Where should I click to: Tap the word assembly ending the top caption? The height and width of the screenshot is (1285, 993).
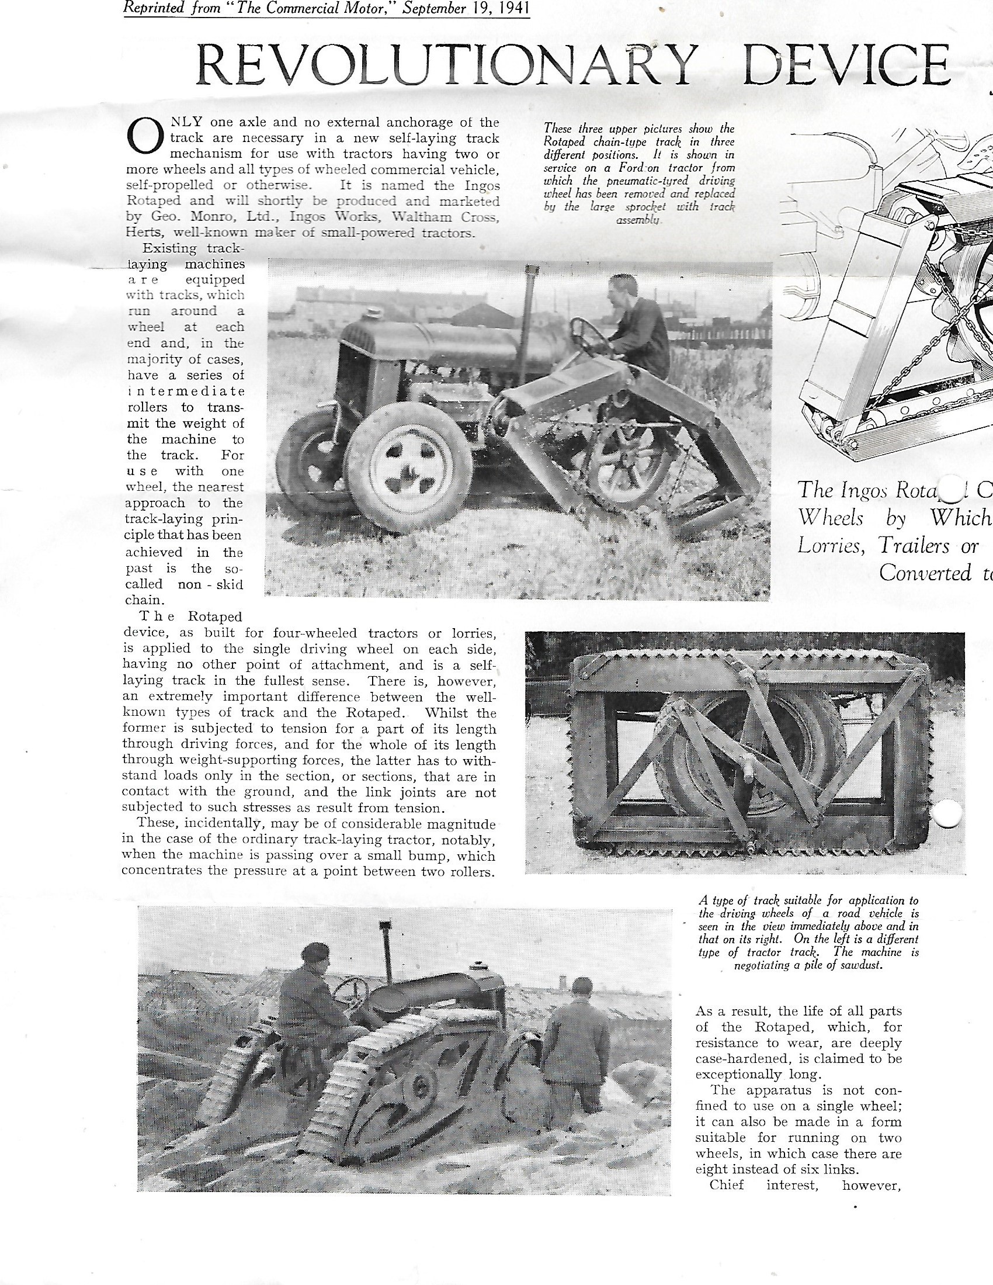[638, 220]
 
